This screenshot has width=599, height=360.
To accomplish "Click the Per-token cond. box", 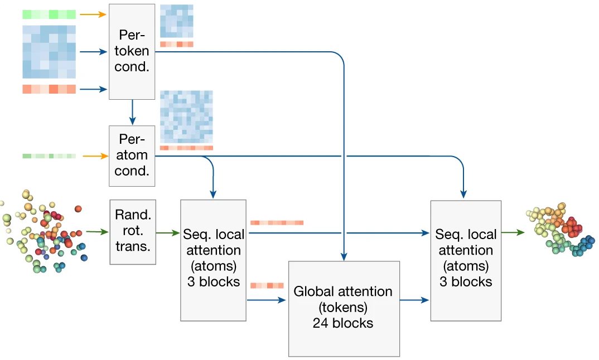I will (x=132, y=51).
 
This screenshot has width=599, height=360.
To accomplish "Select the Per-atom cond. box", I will (x=132, y=155).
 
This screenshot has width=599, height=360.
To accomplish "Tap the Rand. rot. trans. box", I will (x=132, y=231).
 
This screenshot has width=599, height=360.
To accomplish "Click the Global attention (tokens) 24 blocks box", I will (x=344, y=308).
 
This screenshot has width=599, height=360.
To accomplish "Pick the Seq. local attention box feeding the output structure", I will (x=466, y=260).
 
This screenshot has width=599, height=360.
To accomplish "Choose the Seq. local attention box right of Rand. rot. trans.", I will (x=213, y=260).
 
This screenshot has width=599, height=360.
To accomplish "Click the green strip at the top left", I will (x=49, y=14).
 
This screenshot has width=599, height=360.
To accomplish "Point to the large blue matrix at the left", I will (x=49, y=51).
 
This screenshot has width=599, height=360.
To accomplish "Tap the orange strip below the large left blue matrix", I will (x=49, y=89).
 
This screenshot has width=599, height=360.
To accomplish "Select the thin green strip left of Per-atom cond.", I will (x=49, y=157).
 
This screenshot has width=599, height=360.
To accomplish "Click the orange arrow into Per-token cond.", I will (x=93, y=14).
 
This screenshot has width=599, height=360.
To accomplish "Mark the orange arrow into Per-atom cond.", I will (x=93, y=157).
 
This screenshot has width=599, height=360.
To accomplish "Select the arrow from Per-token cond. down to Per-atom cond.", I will (x=132, y=112).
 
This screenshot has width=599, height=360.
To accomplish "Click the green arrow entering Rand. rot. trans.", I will (x=98, y=231).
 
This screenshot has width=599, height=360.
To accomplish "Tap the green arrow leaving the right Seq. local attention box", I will (x=513, y=231).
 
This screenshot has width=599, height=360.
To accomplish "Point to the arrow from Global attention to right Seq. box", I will (x=415, y=300).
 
